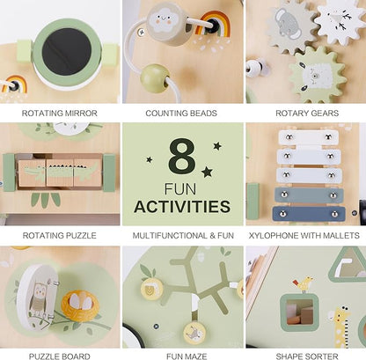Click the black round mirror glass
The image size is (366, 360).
(x=67, y=52)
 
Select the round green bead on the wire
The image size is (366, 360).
(x=155, y=78)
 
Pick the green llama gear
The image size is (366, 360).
(x=318, y=75)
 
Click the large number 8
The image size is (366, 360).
(x=182, y=156)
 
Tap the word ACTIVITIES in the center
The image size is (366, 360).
(x=182, y=206)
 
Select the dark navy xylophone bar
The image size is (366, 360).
(x=309, y=214)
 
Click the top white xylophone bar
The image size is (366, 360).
(x=308, y=137)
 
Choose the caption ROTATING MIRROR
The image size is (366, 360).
(x=60, y=114)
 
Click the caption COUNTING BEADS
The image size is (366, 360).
(x=181, y=114)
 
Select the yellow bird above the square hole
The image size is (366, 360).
(x=304, y=283)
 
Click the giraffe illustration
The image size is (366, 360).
(x=341, y=327)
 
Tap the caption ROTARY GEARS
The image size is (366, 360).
(x=307, y=114)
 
